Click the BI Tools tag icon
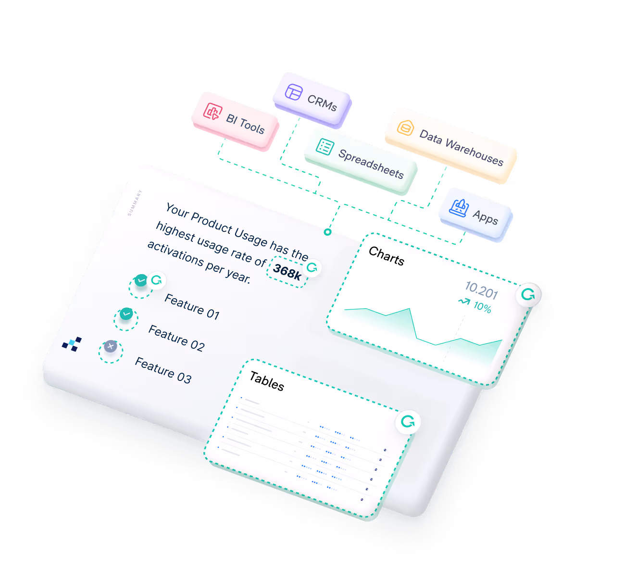click(x=212, y=112)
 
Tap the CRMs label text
click(x=322, y=102)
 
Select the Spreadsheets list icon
click(x=325, y=147)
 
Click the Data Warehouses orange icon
click(x=405, y=128)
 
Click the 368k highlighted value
click(x=287, y=272)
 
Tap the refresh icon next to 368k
click(x=313, y=268)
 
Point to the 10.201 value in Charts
click(x=481, y=290)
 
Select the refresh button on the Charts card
click(x=528, y=294)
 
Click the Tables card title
click(x=266, y=381)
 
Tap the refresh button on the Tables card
click(x=408, y=422)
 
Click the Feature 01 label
click(x=192, y=307)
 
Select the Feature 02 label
click(x=176, y=338)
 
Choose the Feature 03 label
click(x=163, y=370)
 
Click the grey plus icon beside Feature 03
click(x=111, y=346)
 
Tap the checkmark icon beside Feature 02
click(x=126, y=314)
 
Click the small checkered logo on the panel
click(x=72, y=344)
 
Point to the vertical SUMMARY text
click(x=135, y=202)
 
